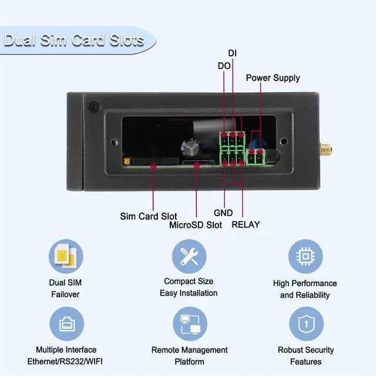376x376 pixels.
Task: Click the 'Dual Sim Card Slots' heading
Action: tap(74, 41)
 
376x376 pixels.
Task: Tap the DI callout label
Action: tap(233, 53)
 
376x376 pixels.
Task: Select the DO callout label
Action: tap(224, 66)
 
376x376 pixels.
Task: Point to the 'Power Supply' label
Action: tap(273, 78)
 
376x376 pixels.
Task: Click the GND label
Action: tap(223, 213)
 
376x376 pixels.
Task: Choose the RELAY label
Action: tap(246, 224)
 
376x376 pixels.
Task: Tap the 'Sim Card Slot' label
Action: tap(149, 216)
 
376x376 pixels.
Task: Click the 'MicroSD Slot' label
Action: tap(196, 224)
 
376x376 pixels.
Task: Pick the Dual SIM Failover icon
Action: tap(65, 256)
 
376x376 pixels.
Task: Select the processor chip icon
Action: tap(305, 256)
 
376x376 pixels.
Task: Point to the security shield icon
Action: tap(305, 324)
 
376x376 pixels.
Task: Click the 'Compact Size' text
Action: tap(189, 281)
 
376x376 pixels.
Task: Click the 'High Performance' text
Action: tap(305, 283)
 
